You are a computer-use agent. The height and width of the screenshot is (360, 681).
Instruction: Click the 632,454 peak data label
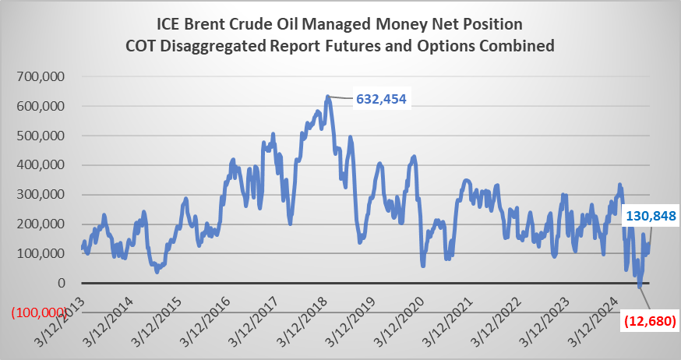382,99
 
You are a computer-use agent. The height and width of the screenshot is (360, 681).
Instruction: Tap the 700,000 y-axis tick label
44,77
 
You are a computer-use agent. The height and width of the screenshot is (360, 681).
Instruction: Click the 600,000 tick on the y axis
44,107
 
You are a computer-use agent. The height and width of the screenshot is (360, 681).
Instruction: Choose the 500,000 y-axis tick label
44,136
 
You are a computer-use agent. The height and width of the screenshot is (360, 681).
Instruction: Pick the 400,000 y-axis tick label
44,166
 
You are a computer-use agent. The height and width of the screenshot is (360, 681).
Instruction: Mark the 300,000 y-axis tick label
44,196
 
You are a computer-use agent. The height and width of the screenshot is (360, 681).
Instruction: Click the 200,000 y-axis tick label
44,224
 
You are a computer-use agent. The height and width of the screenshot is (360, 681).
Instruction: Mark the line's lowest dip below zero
640,288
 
